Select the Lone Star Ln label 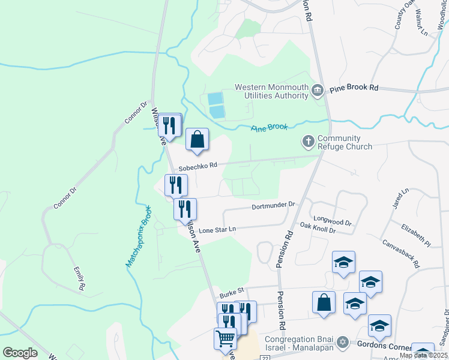pos(217,230)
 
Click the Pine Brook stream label pos(270,127)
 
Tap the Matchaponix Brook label pos(137,243)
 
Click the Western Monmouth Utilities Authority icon pos(318,91)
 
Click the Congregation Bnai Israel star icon pos(343,341)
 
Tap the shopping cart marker pos(225,338)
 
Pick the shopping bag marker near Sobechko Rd pos(197,140)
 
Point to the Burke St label pos(232,292)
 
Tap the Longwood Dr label pos(331,222)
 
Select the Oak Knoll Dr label pos(317,229)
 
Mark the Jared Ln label pos(400,198)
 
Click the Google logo pos(20,353)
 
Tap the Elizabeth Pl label pos(416,236)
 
